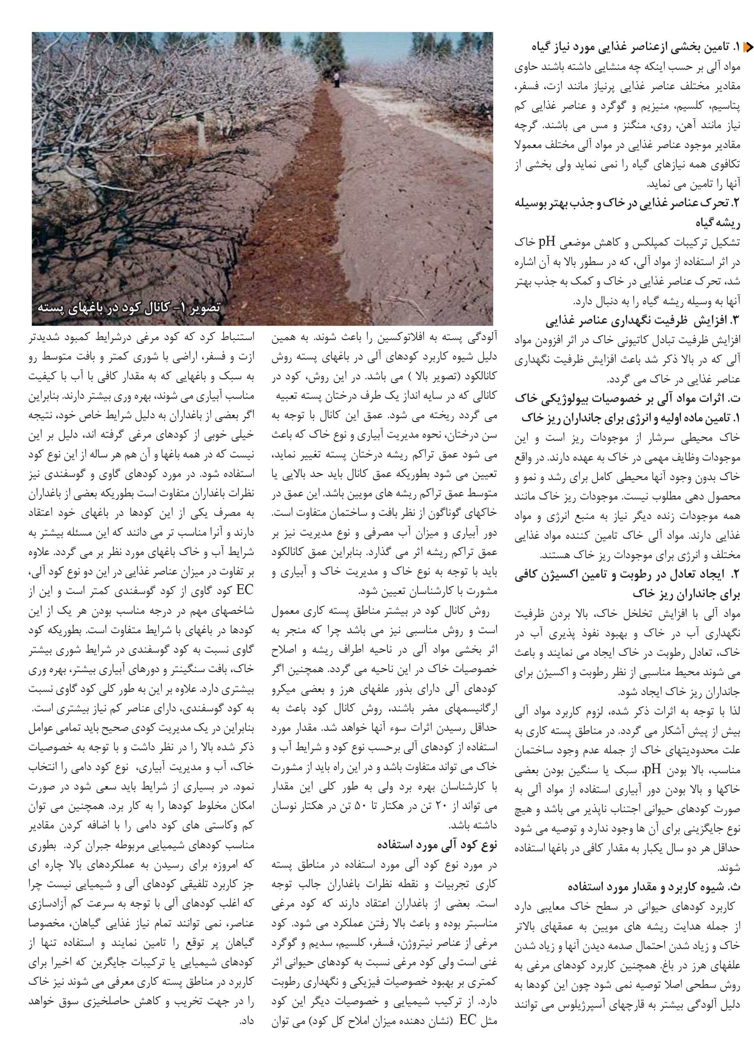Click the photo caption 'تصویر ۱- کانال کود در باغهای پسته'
(x=129, y=307)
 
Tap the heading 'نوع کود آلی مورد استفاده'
(x=437, y=845)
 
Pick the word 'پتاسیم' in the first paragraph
(x=729, y=106)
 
